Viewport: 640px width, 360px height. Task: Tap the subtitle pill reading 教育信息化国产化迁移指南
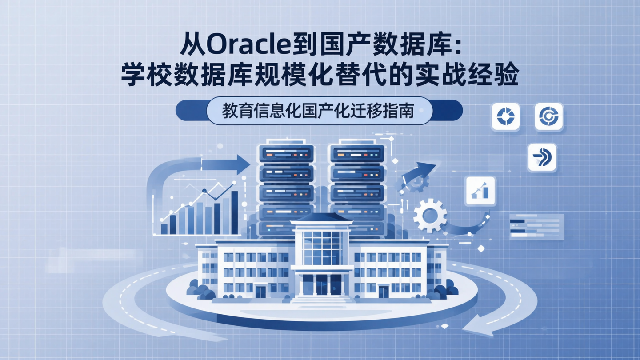(x=319, y=111)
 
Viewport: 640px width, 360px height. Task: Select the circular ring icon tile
(x=505, y=116)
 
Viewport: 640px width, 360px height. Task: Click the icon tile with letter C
(x=548, y=116)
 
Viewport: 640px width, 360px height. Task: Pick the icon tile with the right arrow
(x=542, y=157)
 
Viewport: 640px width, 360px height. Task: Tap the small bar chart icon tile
(x=480, y=191)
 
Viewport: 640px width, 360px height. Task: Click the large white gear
(x=430, y=216)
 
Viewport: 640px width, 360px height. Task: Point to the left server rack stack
(x=286, y=187)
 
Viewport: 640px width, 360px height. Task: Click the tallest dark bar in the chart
(x=234, y=212)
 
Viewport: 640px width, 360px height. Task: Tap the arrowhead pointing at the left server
(x=243, y=164)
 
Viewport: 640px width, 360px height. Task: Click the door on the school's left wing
(x=260, y=292)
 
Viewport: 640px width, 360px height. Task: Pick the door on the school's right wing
(x=383, y=292)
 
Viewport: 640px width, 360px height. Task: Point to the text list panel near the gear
(x=537, y=227)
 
